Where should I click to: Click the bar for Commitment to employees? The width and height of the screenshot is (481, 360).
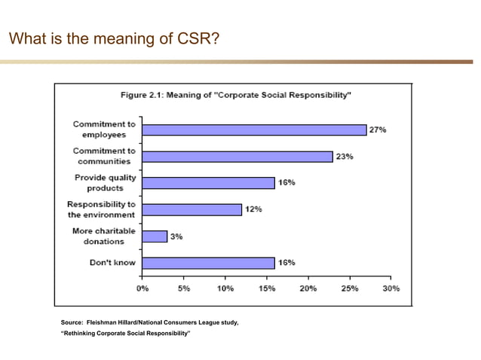pyautogui.click(x=254, y=130)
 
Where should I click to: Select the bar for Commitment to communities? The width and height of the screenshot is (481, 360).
pyautogui.click(x=237, y=156)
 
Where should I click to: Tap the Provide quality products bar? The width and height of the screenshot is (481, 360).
pyautogui.click(x=208, y=182)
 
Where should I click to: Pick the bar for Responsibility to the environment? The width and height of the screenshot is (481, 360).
pyautogui.click(x=191, y=209)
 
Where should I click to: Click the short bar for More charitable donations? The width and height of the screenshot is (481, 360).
pyautogui.click(x=155, y=236)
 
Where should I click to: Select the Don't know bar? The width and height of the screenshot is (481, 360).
pyautogui.click(x=208, y=263)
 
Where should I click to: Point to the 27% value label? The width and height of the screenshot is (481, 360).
pyautogui.click(x=378, y=130)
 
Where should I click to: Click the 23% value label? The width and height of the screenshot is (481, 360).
pyautogui.click(x=345, y=156)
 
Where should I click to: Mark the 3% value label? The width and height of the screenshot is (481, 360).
pyautogui.click(x=176, y=236)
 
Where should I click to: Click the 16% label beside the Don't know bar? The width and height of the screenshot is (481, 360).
pyautogui.click(x=286, y=262)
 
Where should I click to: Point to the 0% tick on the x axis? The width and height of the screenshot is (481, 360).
pyautogui.click(x=142, y=288)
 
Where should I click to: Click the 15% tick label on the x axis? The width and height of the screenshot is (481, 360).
pyautogui.click(x=266, y=288)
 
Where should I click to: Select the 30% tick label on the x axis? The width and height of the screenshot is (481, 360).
pyautogui.click(x=391, y=288)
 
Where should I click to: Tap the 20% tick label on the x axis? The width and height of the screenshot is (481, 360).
pyautogui.click(x=308, y=288)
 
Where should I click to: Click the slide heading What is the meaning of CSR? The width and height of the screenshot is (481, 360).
pyautogui.click(x=114, y=37)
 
